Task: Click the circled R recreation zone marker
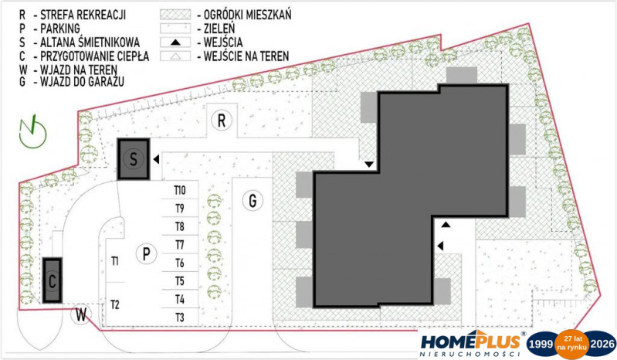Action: click(x=222, y=121)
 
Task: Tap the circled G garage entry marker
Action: click(x=253, y=201)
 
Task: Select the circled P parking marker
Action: click(x=147, y=253)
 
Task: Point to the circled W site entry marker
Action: click(x=81, y=314)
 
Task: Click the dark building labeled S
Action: click(x=134, y=159)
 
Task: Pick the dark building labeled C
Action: click(x=52, y=280)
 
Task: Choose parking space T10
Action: click(x=180, y=190)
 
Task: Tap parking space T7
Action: click(x=180, y=245)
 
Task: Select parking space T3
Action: click(x=180, y=317)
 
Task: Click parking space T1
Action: click(x=115, y=261)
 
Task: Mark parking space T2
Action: click(x=115, y=304)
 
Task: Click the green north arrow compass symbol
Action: click(x=32, y=132)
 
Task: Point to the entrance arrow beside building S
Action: click(x=156, y=159)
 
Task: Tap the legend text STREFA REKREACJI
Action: click(x=83, y=15)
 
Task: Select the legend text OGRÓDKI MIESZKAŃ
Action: click(x=248, y=15)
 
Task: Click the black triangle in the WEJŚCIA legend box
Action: click(x=175, y=42)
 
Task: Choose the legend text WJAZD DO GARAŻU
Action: click(x=82, y=81)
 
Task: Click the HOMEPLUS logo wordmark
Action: click(x=470, y=341)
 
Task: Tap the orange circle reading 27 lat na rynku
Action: click(x=571, y=343)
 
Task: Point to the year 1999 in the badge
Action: click(x=541, y=345)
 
